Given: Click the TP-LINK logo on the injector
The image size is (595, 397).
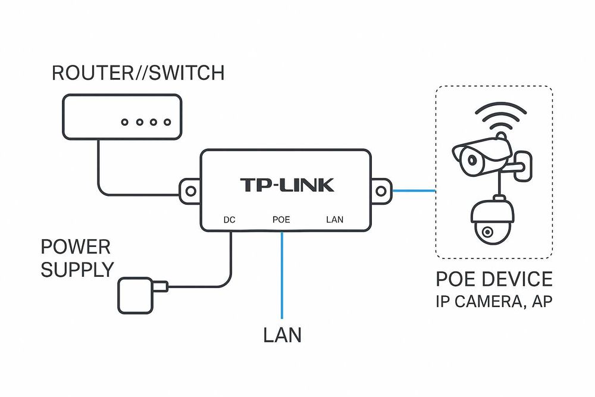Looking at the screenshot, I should point(287,185).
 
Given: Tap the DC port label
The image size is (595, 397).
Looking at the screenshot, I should point(229,220).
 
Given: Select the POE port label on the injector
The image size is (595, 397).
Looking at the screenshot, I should point(281,220).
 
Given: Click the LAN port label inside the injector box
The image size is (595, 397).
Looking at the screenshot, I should point(335,220).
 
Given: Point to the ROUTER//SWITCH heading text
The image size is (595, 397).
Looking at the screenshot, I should point(138,73).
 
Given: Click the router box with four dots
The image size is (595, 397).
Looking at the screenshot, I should point(121,117).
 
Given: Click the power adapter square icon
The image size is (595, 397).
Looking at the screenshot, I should point(136,295).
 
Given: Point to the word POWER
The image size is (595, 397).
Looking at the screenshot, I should point(76,247).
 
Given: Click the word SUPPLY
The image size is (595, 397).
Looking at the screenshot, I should point(77,270).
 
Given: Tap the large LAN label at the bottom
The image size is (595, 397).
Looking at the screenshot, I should point(282,335).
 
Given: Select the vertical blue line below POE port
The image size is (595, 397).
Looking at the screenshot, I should point(281,274).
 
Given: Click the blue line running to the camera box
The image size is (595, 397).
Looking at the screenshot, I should point(414,191).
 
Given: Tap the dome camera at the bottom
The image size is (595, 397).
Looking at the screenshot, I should point(491,223).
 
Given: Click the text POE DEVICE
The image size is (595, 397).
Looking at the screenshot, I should point(494,279).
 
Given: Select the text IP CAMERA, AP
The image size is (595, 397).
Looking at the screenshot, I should point(494,302).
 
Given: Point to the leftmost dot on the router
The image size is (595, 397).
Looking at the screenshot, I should point(125,123).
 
